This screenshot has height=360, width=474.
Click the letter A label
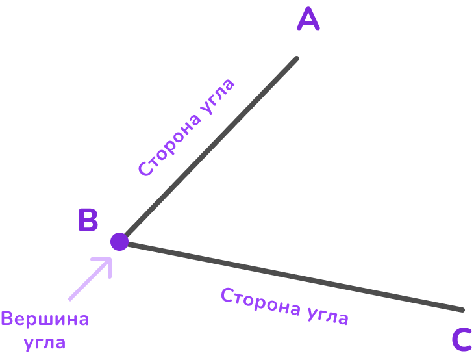pyautogui.click(x=308, y=19)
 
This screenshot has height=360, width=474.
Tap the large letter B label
pyautogui.click(x=88, y=220)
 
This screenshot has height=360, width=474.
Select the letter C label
pyautogui.click(x=461, y=340)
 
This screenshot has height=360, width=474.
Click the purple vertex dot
pyautogui.click(x=119, y=242)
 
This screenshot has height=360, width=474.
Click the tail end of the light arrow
pyautogui.click(x=70, y=300)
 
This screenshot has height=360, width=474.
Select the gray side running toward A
pyautogui.click(x=208, y=150)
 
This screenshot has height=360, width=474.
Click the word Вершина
pyautogui.click(x=45, y=320)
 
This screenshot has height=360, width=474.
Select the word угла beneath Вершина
pyautogui.click(x=45, y=342)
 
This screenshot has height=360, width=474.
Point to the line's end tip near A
pyautogui.click(x=297, y=58)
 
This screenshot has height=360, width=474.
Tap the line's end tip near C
pyautogui.click(x=463, y=310)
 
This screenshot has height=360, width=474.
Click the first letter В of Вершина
pyautogui.click(x=7, y=320)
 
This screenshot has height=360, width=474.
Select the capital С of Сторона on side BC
pyautogui.click(x=227, y=296)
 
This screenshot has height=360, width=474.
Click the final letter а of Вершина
pyautogui.click(x=82, y=320)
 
